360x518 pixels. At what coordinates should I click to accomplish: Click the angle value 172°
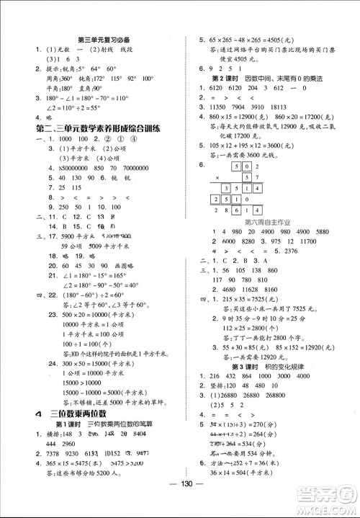91,77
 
